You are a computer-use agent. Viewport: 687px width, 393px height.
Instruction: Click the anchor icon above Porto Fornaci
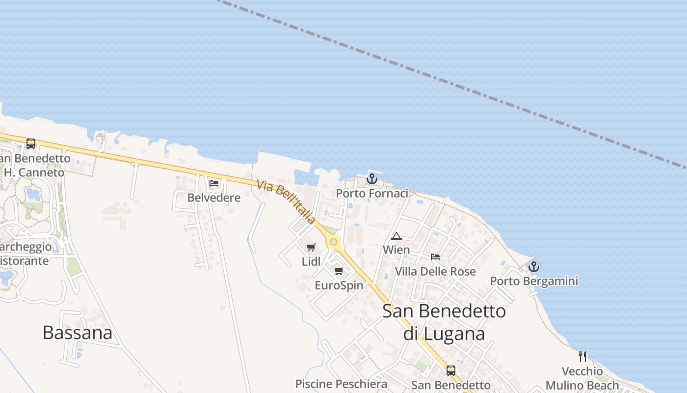[372, 178]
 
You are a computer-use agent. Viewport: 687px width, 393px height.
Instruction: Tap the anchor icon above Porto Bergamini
[534, 266]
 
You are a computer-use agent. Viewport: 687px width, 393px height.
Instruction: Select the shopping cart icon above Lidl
[311, 248]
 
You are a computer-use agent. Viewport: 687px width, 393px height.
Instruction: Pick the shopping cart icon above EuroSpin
[339, 271]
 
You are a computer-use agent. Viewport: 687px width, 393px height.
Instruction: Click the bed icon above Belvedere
[214, 183]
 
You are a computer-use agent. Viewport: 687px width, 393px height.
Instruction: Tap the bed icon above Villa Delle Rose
[435, 256]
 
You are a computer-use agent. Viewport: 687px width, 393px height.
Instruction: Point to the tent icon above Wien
[396, 236]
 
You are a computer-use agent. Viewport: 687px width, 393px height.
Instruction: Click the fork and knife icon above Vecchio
[582, 356]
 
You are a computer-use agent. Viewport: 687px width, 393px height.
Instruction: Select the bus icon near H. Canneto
[31, 144]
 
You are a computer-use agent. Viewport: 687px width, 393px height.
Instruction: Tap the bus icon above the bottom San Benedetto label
[450, 371]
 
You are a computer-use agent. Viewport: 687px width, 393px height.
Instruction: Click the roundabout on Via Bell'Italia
[334, 241]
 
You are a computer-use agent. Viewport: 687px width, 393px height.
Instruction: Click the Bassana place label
[78, 333]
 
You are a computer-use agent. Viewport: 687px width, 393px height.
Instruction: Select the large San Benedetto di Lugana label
[444, 322]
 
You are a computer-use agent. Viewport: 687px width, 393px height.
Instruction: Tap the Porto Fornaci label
[372, 194]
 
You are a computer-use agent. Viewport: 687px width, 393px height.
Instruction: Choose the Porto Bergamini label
[534, 281]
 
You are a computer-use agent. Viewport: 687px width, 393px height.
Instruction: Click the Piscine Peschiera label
[341, 384]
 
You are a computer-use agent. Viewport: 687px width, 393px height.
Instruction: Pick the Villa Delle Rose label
[435, 271]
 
